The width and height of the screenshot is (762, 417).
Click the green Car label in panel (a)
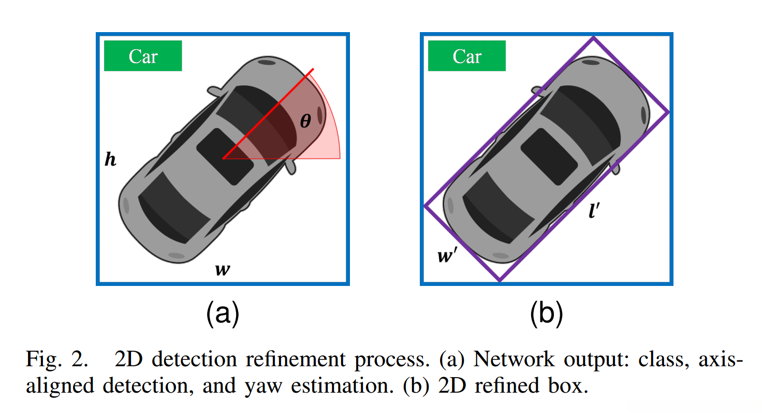(x=143, y=56)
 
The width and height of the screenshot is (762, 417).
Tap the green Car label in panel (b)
(x=467, y=56)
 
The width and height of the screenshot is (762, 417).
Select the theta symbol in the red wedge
(x=305, y=121)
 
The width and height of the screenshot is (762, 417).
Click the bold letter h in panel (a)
(x=110, y=159)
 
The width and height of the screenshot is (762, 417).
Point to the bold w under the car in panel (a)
(x=223, y=269)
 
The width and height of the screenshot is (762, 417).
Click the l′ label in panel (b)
(x=594, y=210)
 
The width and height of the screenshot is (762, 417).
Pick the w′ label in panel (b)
(x=447, y=255)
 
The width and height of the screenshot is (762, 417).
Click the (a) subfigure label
(x=223, y=313)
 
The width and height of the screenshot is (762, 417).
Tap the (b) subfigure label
(x=547, y=313)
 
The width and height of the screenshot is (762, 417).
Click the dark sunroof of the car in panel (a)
(x=225, y=156)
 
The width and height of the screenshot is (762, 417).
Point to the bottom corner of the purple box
(x=500, y=281)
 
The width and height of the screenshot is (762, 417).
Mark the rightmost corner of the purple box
(x=669, y=112)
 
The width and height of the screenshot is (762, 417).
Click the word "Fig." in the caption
(x=44, y=359)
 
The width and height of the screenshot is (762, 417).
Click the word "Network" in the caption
(x=514, y=359)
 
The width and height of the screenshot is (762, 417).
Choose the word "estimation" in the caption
(x=342, y=386)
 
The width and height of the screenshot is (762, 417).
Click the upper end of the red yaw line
(x=313, y=69)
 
